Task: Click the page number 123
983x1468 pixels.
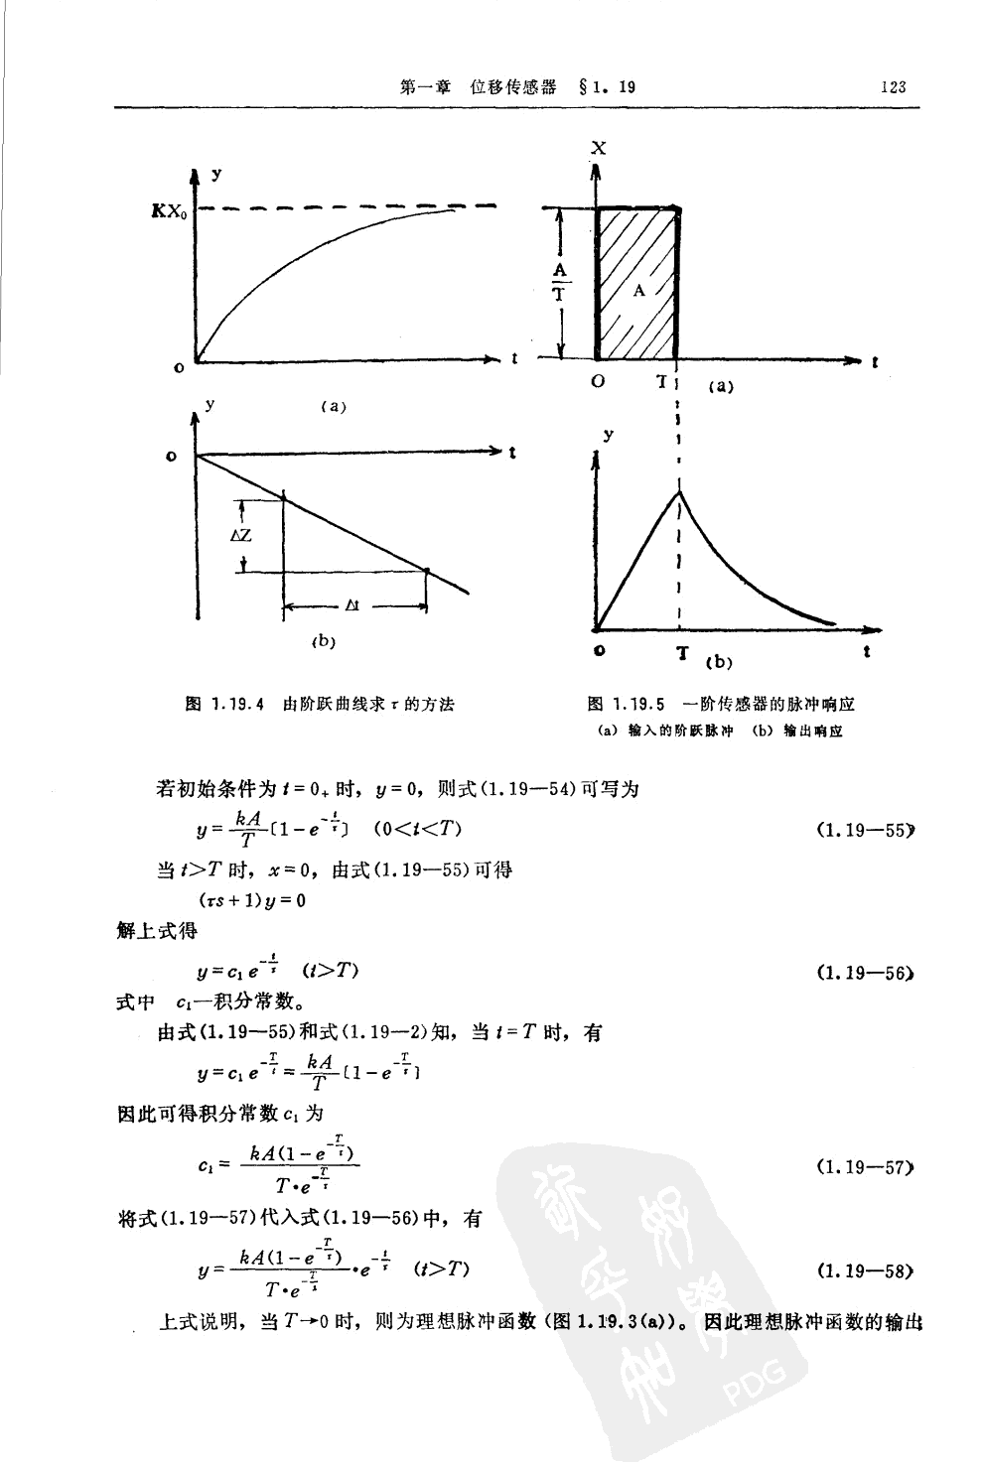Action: coord(893,86)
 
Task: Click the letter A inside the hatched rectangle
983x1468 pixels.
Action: coord(639,290)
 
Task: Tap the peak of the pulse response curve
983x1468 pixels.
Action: coord(679,491)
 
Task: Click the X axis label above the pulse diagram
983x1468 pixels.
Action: coord(598,149)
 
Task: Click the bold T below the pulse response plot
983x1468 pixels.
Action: coord(681,654)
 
